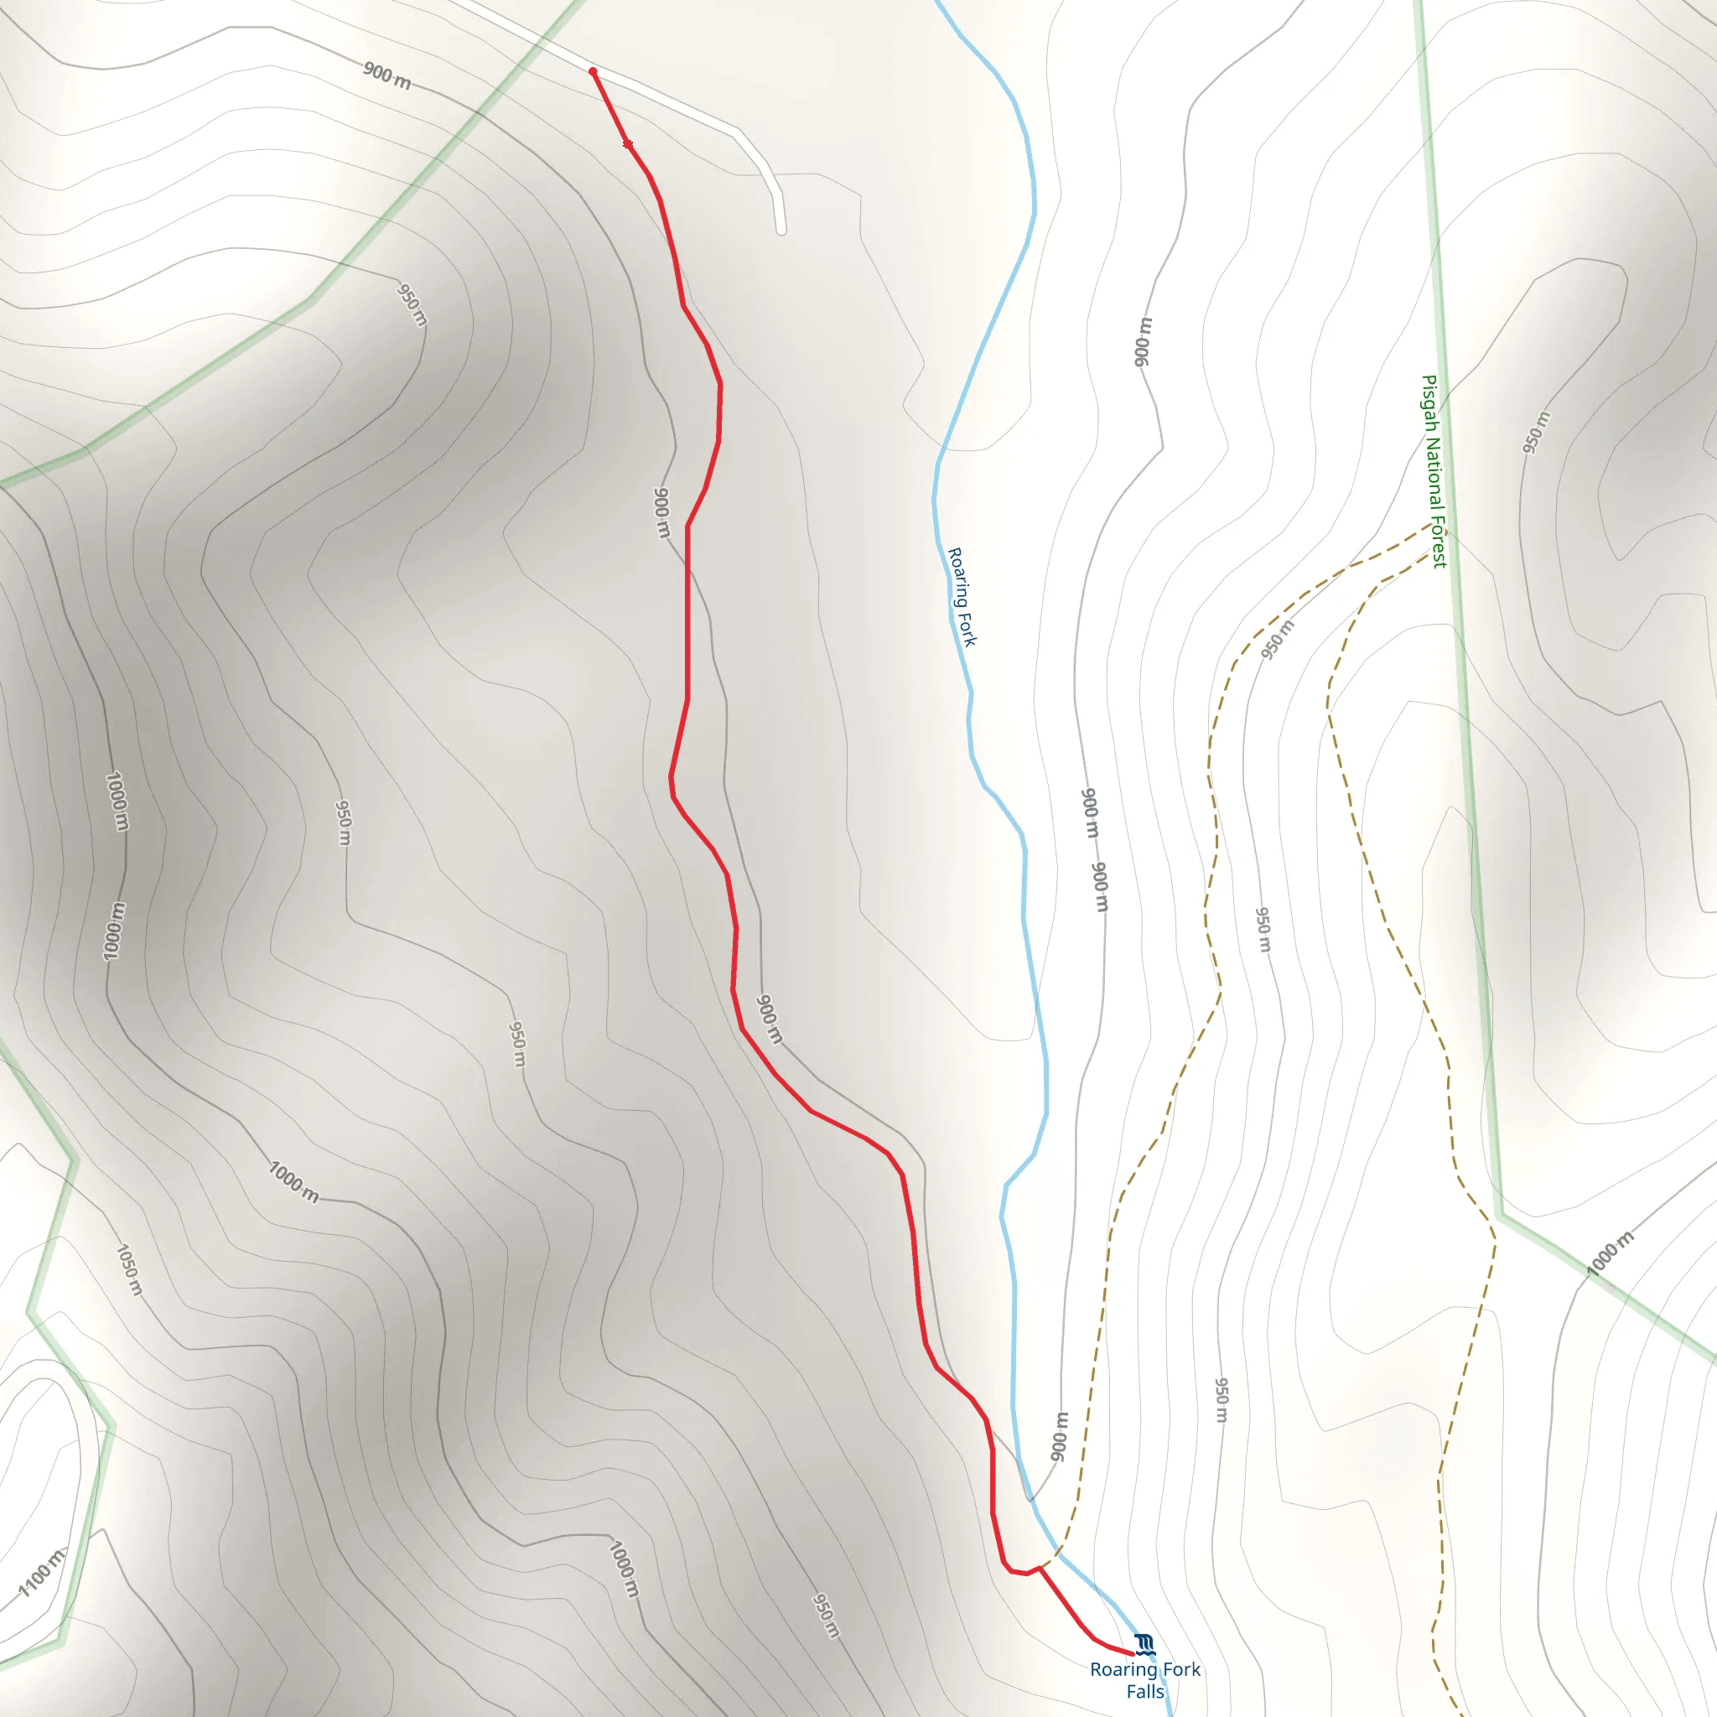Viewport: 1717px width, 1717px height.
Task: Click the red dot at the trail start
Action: (593, 71)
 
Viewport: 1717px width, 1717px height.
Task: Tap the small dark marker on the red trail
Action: (627, 144)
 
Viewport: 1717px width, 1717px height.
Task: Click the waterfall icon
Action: (1144, 1643)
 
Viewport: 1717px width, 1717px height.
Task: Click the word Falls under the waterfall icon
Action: (1144, 1691)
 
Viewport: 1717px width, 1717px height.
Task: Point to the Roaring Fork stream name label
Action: (962, 596)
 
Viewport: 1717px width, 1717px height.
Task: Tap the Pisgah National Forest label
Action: (1434, 471)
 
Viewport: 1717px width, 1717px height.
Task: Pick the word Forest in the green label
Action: (1439, 542)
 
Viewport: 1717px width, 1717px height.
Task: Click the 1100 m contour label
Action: (43, 1572)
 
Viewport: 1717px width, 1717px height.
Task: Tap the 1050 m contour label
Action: (129, 1269)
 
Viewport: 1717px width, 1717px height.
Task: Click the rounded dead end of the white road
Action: (781, 231)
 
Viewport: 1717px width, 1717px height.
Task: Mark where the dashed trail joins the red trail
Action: (1040, 1568)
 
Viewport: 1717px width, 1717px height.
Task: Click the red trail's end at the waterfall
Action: (1133, 1654)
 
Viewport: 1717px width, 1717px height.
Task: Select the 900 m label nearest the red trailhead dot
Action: (386, 76)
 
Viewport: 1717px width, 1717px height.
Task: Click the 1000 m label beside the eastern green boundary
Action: (1611, 1253)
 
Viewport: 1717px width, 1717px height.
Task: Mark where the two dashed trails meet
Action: (1433, 525)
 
